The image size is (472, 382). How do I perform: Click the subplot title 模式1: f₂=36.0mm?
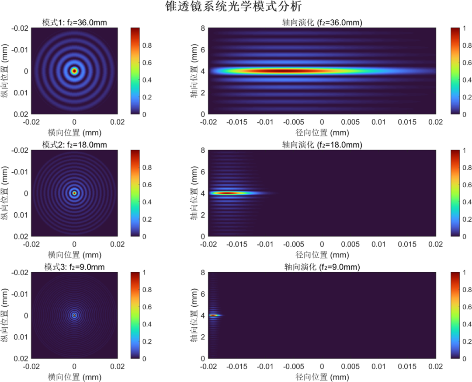click(74, 22)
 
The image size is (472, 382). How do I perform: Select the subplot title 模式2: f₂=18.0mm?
click(74, 144)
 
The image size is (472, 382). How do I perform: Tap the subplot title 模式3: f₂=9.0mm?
click(74, 266)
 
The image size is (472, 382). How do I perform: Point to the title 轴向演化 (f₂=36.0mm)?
click(322, 22)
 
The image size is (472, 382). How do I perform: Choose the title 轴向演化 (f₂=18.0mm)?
click(322, 144)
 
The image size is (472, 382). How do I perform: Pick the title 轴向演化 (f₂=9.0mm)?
click(322, 266)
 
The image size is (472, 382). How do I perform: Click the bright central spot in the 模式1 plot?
click(74, 70)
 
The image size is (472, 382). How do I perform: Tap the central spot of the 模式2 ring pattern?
click(74, 193)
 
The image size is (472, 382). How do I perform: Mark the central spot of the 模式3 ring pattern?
click(74, 315)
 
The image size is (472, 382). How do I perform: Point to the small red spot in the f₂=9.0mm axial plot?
click(213, 315)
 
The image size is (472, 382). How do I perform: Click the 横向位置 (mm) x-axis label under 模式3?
click(74, 377)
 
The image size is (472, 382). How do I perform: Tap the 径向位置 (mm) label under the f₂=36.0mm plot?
click(322, 133)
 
